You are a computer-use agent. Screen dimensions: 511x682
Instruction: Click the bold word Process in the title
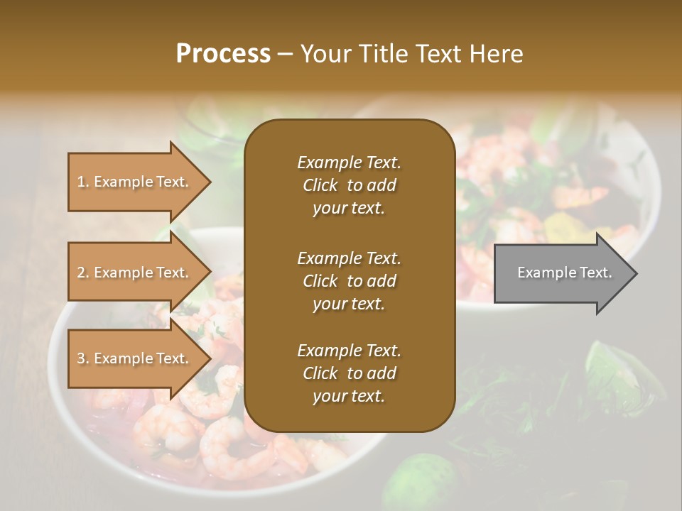click(223, 54)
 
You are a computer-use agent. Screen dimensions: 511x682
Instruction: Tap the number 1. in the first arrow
click(82, 182)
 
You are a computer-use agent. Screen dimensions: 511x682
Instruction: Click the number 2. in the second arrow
click(82, 273)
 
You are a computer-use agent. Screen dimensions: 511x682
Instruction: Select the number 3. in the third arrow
click(82, 358)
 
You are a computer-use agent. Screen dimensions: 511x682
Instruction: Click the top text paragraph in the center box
click(349, 185)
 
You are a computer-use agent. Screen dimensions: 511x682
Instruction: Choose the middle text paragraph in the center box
click(349, 281)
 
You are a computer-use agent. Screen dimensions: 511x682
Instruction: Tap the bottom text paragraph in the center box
click(349, 373)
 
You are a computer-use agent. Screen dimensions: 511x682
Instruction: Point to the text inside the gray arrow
click(564, 273)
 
